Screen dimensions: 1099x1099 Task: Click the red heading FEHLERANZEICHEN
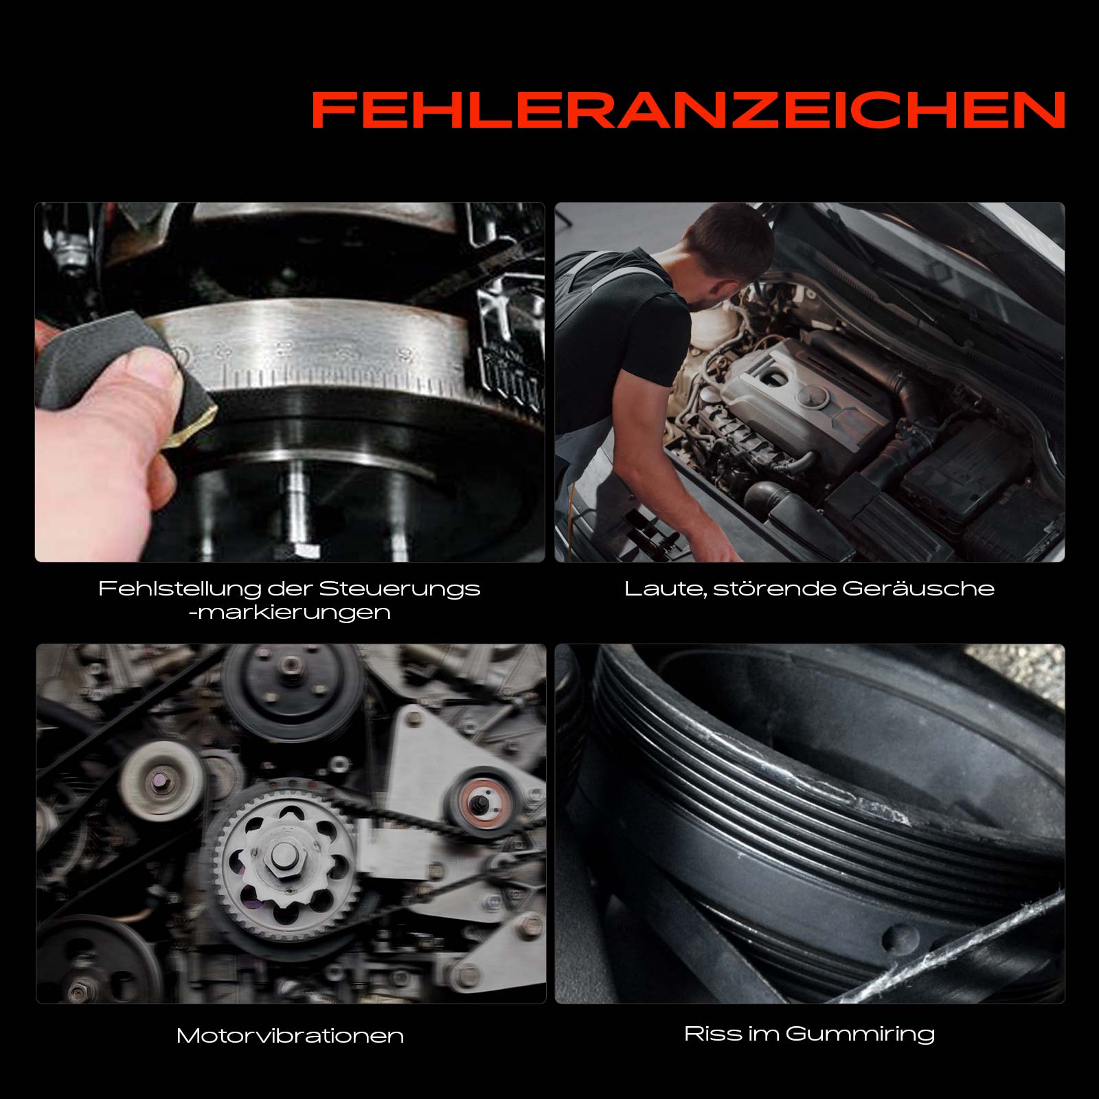click(x=688, y=110)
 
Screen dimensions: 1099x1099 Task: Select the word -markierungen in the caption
click(x=290, y=612)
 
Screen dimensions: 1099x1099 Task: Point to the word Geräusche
click(x=918, y=589)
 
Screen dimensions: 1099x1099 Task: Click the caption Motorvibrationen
click(x=290, y=1036)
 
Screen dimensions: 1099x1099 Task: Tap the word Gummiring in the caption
click(x=860, y=1034)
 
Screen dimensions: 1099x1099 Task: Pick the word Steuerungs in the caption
click(x=400, y=589)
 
